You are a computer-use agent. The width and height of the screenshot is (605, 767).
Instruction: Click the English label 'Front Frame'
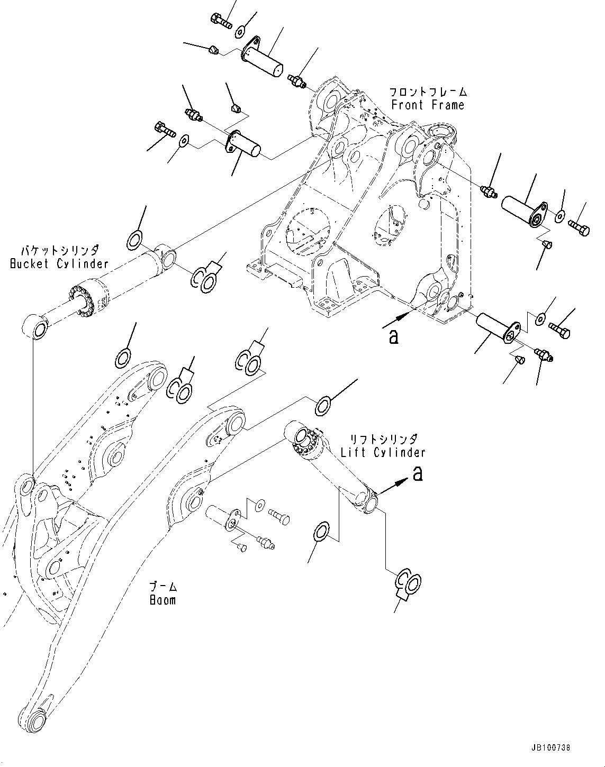pos(428,105)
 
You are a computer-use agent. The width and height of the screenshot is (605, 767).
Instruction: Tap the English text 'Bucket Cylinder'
pos(59,263)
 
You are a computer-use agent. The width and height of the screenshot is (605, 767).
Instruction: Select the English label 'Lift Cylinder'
pos(383,452)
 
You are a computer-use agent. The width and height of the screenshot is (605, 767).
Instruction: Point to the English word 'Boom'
pos(162,600)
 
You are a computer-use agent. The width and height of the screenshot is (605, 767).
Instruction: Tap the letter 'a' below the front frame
pos(393,337)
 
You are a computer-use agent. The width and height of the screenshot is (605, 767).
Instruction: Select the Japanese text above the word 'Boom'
pos(162,587)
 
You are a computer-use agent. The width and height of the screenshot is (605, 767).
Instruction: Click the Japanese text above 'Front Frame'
pos(428,92)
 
